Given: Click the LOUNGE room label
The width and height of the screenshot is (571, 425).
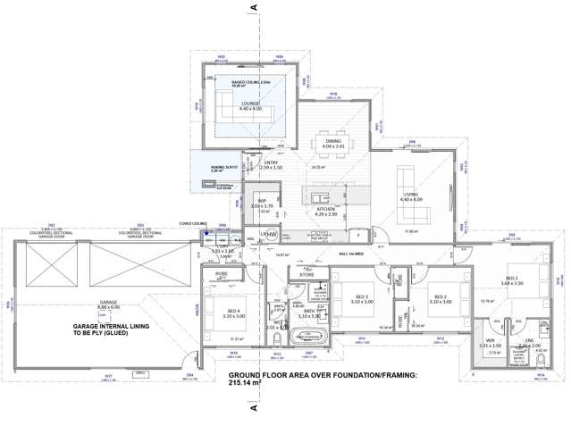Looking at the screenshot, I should click(x=250, y=104).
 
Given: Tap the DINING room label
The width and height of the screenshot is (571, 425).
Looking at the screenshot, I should click(x=333, y=140).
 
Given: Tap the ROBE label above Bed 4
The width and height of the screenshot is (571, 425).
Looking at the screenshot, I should click(x=222, y=275).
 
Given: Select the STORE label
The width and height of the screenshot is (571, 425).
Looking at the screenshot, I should click(x=306, y=275).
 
